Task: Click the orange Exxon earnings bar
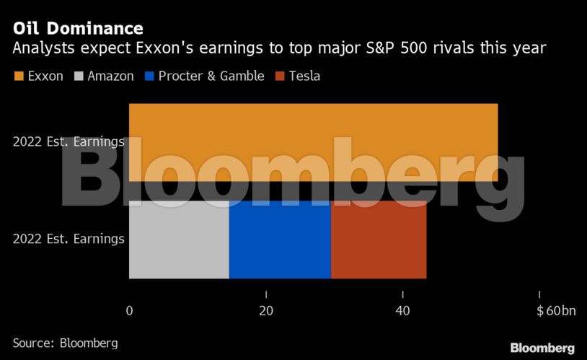click(314, 142)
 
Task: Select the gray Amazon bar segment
click(179, 240)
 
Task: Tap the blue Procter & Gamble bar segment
click(280, 240)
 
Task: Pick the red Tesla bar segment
click(379, 240)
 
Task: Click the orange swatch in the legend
click(19, 76)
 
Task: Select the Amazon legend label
click(110, 76)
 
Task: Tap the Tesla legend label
click(304, 76)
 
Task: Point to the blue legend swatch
click(151, 76)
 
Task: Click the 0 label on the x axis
click(130, 311)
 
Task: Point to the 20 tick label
click(266, 311)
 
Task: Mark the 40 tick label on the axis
click(402, 311)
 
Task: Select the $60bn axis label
click(556, 311)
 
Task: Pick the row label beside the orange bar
click(69, 142)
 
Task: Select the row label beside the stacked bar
click(69, 239)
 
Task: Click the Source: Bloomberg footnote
click(65, 342)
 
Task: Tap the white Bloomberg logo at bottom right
click(542, 348)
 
